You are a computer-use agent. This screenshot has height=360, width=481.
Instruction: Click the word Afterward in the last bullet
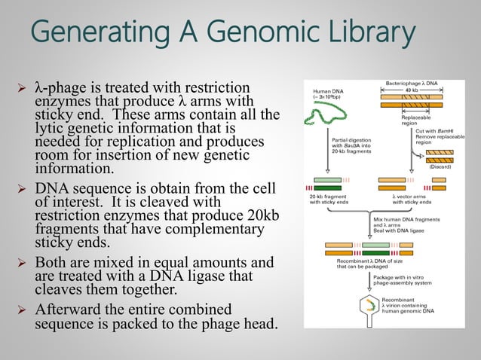(x=69, y=310)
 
